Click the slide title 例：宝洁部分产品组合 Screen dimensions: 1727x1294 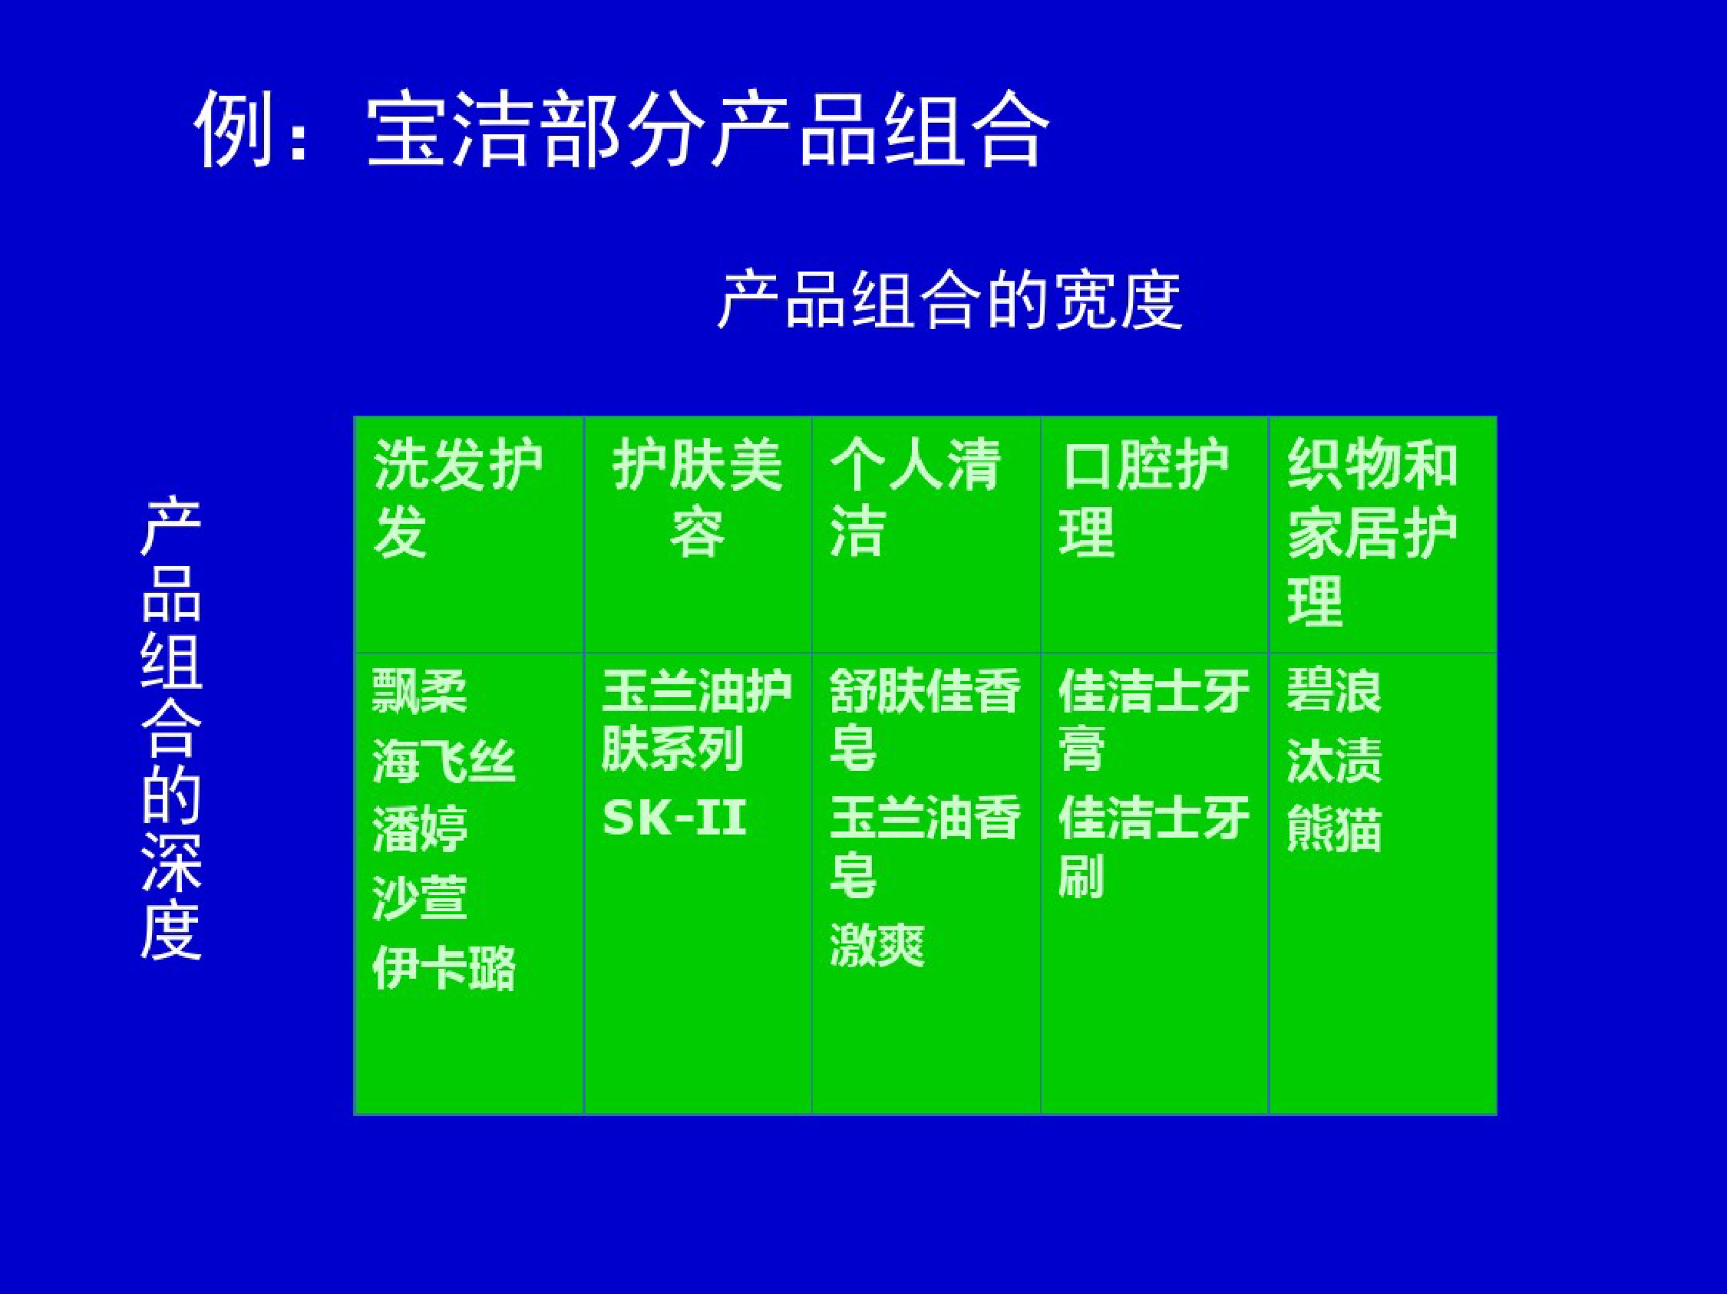pyautogui.click(x=622, y=129)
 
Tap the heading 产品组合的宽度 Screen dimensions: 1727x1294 pyautogui.click(x=949, y=300)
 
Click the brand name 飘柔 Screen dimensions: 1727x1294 pyautogui.click(x=419, y=692)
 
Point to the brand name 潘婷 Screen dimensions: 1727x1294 pyautogui.click(x=419, y=829)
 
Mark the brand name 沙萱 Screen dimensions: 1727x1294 pyautogui.click(x=419, y=898)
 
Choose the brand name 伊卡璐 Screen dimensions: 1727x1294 pyautogui.click(x=443, y=968)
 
